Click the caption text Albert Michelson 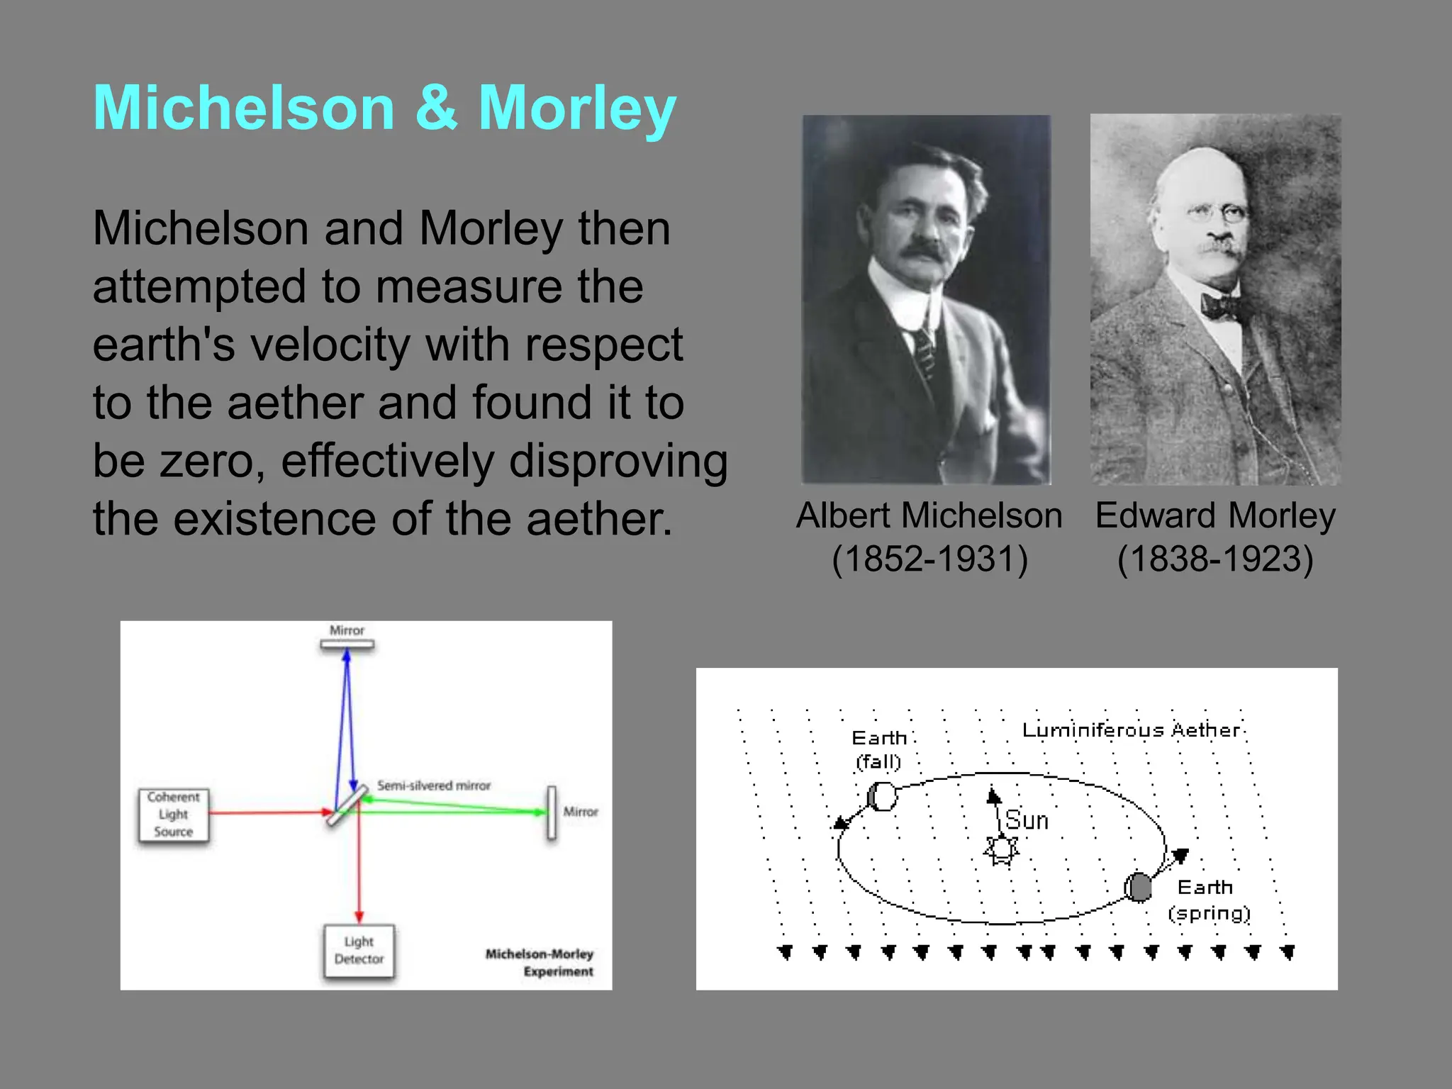point(929,515)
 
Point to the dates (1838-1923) point(1215,559)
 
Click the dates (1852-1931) point(929,559)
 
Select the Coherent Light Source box point(174,815)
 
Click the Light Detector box point(359,951)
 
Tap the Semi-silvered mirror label point(433,786)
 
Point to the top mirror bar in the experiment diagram point(347,644)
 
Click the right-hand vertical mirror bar point(551,812)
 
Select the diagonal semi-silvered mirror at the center point(347,804)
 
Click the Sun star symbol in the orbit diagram point(1001,849)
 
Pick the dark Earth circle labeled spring point(1139,887)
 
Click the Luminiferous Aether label point(1131,730)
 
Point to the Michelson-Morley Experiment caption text point(540,962)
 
